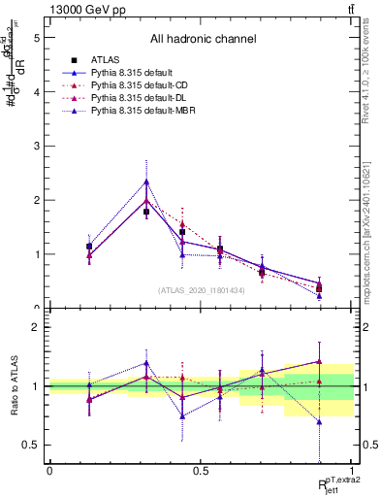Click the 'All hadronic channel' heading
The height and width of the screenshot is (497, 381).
pos(203,40)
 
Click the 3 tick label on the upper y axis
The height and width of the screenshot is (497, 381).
pos(35,146)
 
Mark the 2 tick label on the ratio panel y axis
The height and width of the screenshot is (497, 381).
pos(35,327)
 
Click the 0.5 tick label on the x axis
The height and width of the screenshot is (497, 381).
pos(201,471)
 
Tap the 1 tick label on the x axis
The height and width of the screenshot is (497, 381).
pos(352,471)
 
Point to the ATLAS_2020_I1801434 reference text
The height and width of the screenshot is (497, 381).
pos(202,290)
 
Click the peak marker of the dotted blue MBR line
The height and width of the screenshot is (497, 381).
pos(146,182)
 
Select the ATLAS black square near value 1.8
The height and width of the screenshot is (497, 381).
pos(146,211)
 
